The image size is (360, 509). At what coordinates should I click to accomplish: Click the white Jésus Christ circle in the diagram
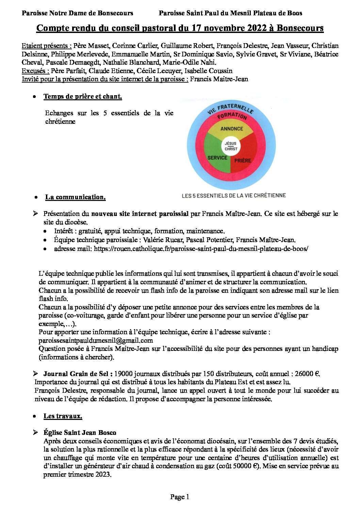pos(231,146)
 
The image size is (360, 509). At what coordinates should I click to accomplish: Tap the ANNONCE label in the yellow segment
pos(232,129)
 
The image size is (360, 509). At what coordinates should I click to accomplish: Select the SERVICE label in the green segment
pos(217,158)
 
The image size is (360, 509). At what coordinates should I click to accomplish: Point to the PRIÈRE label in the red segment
pos(243,160)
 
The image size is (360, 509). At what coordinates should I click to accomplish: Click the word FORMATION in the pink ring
pos(232,116)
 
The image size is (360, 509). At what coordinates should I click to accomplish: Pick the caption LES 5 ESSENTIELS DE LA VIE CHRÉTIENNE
pos(234,196)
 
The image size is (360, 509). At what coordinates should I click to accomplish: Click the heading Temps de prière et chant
pos(83,97)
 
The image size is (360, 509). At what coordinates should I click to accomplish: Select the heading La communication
pos(75,197)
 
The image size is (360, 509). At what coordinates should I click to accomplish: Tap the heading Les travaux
pos(63,416)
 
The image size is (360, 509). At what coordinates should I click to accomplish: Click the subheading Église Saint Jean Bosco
pos(80,433)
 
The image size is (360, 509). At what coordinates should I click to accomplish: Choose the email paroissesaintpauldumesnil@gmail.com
pos(96,340)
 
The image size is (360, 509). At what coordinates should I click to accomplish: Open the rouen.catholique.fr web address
pos(201,249)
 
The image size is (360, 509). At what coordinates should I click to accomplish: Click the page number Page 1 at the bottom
pos(180,497)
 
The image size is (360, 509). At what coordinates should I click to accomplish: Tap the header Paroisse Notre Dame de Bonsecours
pos(77,13)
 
